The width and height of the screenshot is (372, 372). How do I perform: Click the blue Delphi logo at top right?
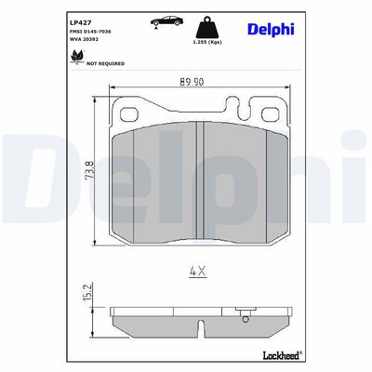click(271, 30)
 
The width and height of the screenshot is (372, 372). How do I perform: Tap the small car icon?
click(166, 21)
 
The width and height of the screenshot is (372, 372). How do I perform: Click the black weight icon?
click(207, 27)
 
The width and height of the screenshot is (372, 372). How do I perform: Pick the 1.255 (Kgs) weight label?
click(207, 42)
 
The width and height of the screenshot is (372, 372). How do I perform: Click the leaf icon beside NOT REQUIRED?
click(77, 57)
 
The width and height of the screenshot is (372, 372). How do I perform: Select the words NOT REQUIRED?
click(105, 63)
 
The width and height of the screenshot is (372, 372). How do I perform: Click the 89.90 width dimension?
click(192, 82)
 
